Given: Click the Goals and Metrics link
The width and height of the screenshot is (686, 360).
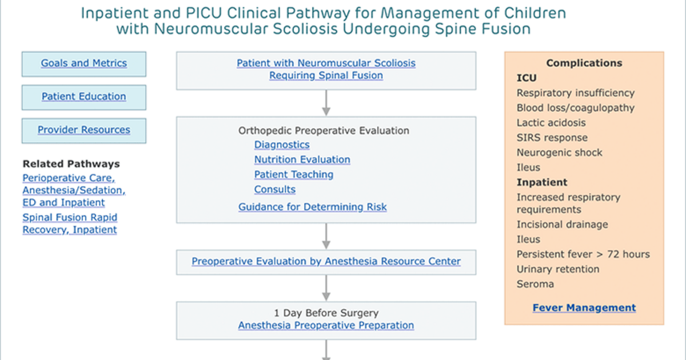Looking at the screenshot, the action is (x=84, y=63).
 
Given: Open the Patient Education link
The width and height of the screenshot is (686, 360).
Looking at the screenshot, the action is (x=84, y=97).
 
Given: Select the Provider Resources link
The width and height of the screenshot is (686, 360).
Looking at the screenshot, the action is (x=84, y=130).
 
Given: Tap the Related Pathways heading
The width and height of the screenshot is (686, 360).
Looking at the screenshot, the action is (x=71, y=164).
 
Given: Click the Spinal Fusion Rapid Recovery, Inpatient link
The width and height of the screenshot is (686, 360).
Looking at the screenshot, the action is (x=70, y=223).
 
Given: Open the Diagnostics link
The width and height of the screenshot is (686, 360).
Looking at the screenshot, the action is (x=282, y=145).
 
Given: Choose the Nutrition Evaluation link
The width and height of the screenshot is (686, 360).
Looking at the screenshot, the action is (x=302, y=159).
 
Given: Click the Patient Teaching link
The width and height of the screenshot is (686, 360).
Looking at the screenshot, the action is (x=294, y=174).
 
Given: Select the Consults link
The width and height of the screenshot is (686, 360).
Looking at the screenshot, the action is (x=275, y=190).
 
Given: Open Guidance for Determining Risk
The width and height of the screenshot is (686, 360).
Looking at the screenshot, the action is (x=312, y=207).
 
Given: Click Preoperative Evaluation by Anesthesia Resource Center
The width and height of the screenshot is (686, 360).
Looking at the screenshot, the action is (x=326, y=262).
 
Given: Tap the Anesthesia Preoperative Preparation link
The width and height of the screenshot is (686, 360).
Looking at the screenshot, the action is (x=326, y=325).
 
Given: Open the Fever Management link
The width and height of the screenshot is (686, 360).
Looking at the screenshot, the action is (x=584, y=308).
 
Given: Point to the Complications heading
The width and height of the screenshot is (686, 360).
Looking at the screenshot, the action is (x=584, y=63).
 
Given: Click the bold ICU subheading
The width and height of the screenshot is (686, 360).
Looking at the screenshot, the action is (x=527, y=78).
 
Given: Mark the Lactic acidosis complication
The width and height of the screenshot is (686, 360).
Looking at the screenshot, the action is (x=551, y=123).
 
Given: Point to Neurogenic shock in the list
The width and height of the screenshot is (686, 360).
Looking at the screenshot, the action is (x=559, y=153).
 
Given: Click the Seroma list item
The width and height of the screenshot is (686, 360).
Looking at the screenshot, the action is (x=535, y=284).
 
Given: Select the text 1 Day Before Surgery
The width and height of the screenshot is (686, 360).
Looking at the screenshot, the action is (x=326, y=313).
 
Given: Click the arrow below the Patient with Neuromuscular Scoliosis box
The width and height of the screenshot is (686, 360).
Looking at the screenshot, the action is (x=326, y=103).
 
